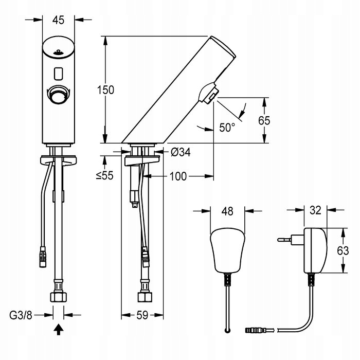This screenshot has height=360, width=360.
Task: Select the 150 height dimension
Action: click(x=106, y=89)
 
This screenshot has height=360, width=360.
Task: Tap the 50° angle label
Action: click(x=227, y=126)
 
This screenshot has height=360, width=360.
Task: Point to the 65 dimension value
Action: click(x=264, y=121)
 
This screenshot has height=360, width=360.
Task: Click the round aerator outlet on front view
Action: click(x=58, y=95)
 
